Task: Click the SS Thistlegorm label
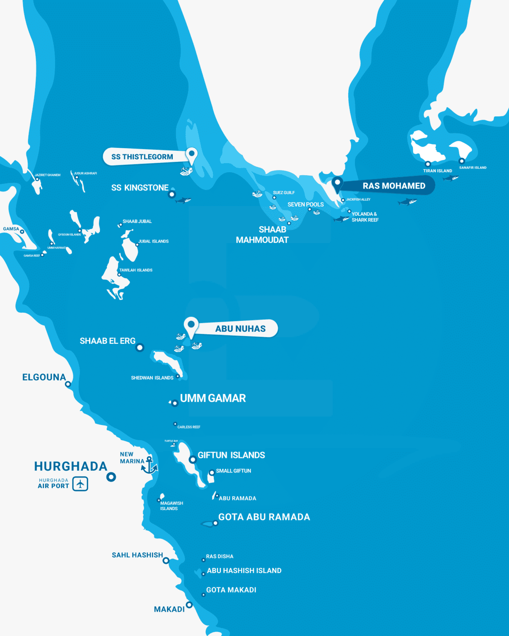coord(142,157)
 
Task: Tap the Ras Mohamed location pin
coord(338,182)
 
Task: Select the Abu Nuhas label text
coord(240,329)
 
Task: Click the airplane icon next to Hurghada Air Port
coord(80,484)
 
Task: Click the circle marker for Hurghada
coord(111,477)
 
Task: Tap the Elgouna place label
coord(44,377)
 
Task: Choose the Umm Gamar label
coord(213,398)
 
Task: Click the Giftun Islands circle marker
coord(193,460)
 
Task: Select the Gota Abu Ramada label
coord(264,517)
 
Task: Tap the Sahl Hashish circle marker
coord(166,561)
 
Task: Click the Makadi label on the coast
coord(169,609)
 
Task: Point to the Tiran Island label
coord(437,171)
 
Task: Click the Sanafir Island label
coord(473,168)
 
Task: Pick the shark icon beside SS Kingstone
coord(183,200)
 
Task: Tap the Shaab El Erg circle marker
coord(140,347)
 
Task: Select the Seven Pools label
coord(306,205)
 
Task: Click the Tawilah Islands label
coord(136,270)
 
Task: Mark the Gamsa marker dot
coord(22,232)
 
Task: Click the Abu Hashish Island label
coord(244,571)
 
